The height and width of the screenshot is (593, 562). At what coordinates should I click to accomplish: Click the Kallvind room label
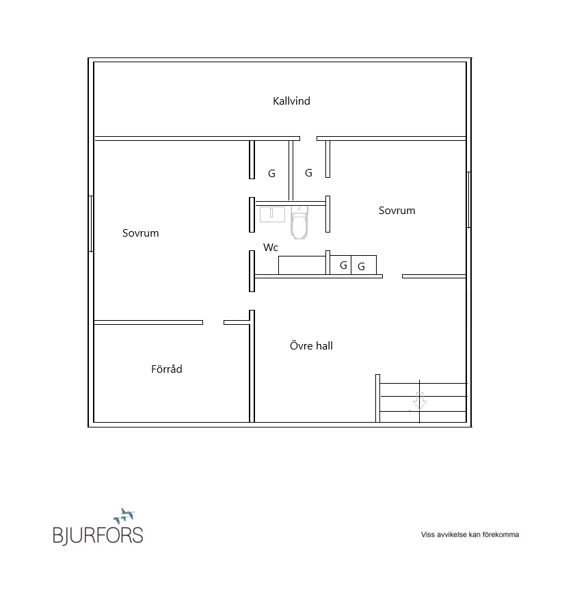[291, 101]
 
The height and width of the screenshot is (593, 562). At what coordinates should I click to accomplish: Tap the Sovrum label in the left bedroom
[141, 233]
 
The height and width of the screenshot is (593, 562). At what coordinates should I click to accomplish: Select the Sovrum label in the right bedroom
[397, 211]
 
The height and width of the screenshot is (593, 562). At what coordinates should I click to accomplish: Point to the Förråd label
[167, 369]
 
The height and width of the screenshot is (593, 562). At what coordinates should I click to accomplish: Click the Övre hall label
[311, 345]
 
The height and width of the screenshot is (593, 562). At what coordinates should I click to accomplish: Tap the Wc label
[271, 248]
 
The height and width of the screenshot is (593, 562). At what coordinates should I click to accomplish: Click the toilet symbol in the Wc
[299, 223]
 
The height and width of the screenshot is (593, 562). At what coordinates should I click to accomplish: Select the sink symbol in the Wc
[272, 215]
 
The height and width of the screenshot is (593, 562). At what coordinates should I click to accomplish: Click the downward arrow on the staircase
[420, 401]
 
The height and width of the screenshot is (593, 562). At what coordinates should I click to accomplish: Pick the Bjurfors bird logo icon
[124, 516]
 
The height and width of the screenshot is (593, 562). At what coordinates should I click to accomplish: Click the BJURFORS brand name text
[98, 535]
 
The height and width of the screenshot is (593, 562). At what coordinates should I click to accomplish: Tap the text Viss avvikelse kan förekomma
[470, 534]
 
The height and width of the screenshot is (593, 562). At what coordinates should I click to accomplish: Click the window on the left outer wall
[91, 224]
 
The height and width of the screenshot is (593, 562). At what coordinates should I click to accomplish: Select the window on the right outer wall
[468, 200]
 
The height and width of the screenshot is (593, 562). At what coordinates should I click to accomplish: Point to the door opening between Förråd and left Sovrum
[213, 323]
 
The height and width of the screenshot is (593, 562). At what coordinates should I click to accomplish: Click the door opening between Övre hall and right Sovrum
[392, 276]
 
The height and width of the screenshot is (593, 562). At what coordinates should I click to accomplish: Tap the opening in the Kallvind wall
[308, 138]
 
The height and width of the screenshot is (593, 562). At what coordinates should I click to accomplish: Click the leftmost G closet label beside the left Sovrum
[271, 174]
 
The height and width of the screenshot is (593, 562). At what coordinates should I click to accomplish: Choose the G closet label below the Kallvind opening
[308, 173]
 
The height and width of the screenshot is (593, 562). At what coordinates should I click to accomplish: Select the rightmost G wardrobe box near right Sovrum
[364, 265]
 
